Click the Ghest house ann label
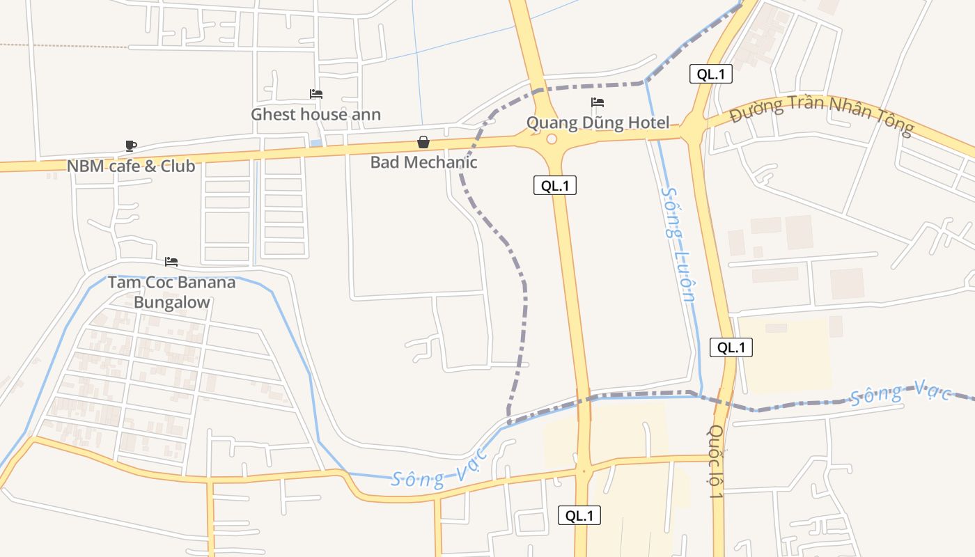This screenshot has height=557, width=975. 315,114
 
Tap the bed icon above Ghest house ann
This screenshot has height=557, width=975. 315,94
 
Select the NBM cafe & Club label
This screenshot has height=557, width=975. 131,166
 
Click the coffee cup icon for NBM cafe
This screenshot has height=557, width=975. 130,146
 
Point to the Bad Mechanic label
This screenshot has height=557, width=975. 423,162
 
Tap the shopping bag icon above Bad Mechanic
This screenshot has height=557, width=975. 423,142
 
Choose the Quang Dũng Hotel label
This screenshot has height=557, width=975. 598,123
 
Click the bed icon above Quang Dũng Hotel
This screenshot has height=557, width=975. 597,102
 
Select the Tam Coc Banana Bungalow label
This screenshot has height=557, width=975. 171,292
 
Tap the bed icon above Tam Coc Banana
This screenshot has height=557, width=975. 171,262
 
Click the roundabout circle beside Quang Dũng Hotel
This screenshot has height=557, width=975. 552,139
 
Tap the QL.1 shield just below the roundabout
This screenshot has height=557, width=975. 555,185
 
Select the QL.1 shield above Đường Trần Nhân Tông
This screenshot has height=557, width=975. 710,74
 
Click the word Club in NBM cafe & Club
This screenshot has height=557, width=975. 178,166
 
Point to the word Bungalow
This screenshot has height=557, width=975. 171,302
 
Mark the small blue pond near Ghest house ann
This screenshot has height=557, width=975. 316,143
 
